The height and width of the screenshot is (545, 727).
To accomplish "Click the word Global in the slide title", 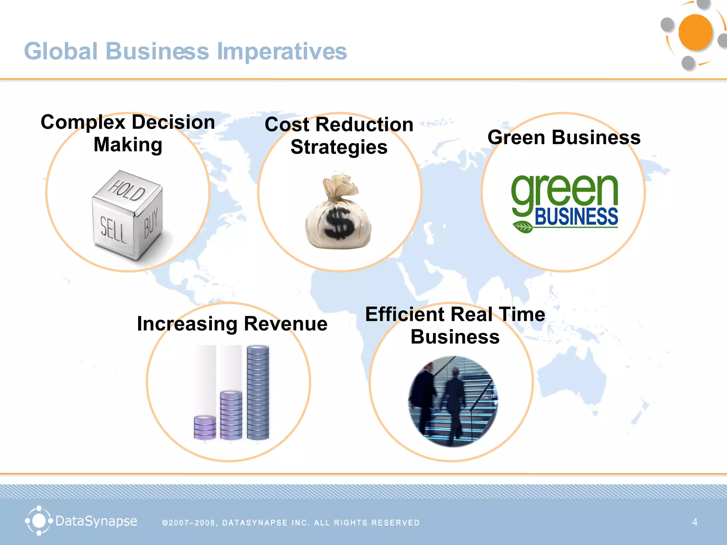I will (60, 51).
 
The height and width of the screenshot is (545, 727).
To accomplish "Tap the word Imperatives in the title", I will (281, 51).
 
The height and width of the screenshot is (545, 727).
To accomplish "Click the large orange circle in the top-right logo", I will (695, 33).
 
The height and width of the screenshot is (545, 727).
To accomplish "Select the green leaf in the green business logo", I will (523, 226).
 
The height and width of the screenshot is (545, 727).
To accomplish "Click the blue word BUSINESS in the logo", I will (576, 217).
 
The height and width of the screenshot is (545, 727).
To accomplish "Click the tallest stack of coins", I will (258, 392).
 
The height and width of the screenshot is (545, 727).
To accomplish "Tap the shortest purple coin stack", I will (205, 427).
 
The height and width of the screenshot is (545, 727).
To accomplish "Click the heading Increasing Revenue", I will (232, 324).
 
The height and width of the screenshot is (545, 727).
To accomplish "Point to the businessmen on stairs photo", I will (453, 401).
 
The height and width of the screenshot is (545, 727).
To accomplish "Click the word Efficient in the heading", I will (405, 315).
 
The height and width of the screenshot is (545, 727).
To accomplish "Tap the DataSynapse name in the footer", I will (96, 521).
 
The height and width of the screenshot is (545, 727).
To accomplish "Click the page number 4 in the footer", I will (695, 522).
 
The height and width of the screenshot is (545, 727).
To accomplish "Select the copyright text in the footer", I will (291, 523).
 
